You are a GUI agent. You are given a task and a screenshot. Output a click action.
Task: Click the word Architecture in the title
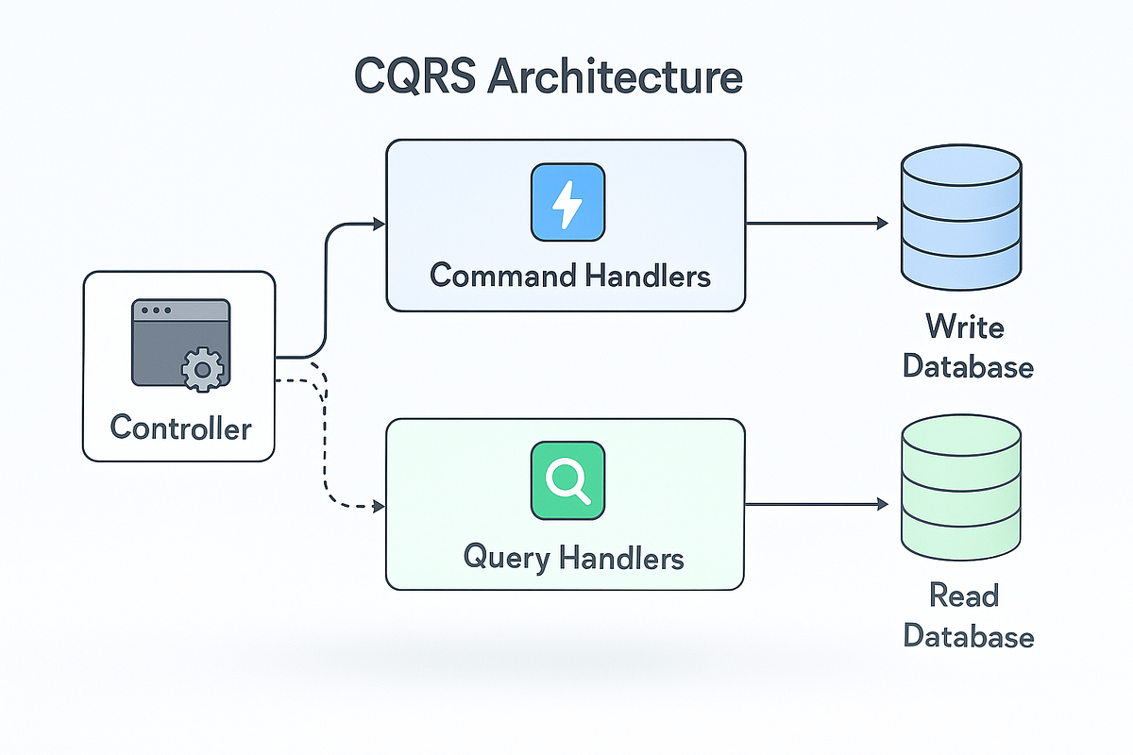pos(616,76)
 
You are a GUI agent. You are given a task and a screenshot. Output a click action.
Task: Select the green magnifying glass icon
pos(567,482)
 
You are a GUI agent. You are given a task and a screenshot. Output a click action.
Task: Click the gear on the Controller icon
pos(201,370)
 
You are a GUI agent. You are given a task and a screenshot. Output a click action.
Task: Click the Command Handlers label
pos(569,276)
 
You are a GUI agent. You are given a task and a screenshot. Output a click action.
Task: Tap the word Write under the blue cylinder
pos(965,327)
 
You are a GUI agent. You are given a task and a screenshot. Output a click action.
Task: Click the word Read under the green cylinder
pos(964,596)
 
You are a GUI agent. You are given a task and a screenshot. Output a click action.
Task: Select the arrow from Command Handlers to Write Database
pos(817,224)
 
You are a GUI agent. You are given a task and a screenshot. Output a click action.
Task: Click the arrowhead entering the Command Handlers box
pos(380,224)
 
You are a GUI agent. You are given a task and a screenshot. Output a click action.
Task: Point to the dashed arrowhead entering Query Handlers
pos(380,507)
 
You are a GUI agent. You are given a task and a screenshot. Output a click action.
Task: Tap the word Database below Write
pos(968,366)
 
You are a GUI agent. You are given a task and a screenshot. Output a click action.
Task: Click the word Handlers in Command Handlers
pos(647,276)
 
